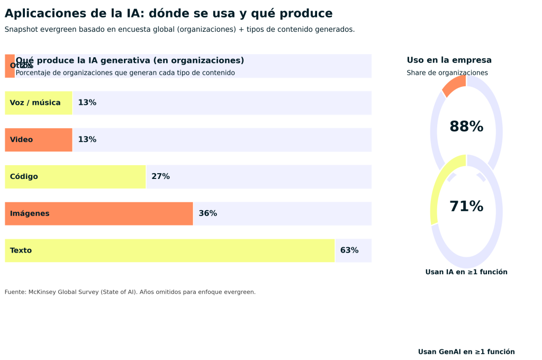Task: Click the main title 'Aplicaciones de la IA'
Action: click(x=168, y=14)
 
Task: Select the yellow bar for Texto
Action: click(x=169, y=250)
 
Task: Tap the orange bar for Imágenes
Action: click(x=98, y=214)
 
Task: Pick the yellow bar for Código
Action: click(x=75, y=177)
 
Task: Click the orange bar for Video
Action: click(x=38, y=140)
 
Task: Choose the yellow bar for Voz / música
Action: click(x=38, y=103)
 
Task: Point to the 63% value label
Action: click(x=349, y=250)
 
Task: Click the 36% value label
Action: click(x=207, y=214)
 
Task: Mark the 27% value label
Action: click(x=160, y=177)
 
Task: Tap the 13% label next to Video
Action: click(x=87, y=140)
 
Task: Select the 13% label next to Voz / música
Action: click(x=87, y=103)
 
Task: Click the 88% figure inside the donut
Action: click(x=466, y=127)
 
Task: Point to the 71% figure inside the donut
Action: click(x=466, y=207)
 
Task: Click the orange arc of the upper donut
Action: click(x=454, y=85)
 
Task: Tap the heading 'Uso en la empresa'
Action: click(x=449, y=60)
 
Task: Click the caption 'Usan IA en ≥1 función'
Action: click(x=466, y=272)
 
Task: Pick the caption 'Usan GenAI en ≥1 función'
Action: click(x=466, y=352)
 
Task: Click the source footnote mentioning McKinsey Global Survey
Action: click(x=130, y=292)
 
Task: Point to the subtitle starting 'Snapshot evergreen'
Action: click(x=179, y=30)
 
